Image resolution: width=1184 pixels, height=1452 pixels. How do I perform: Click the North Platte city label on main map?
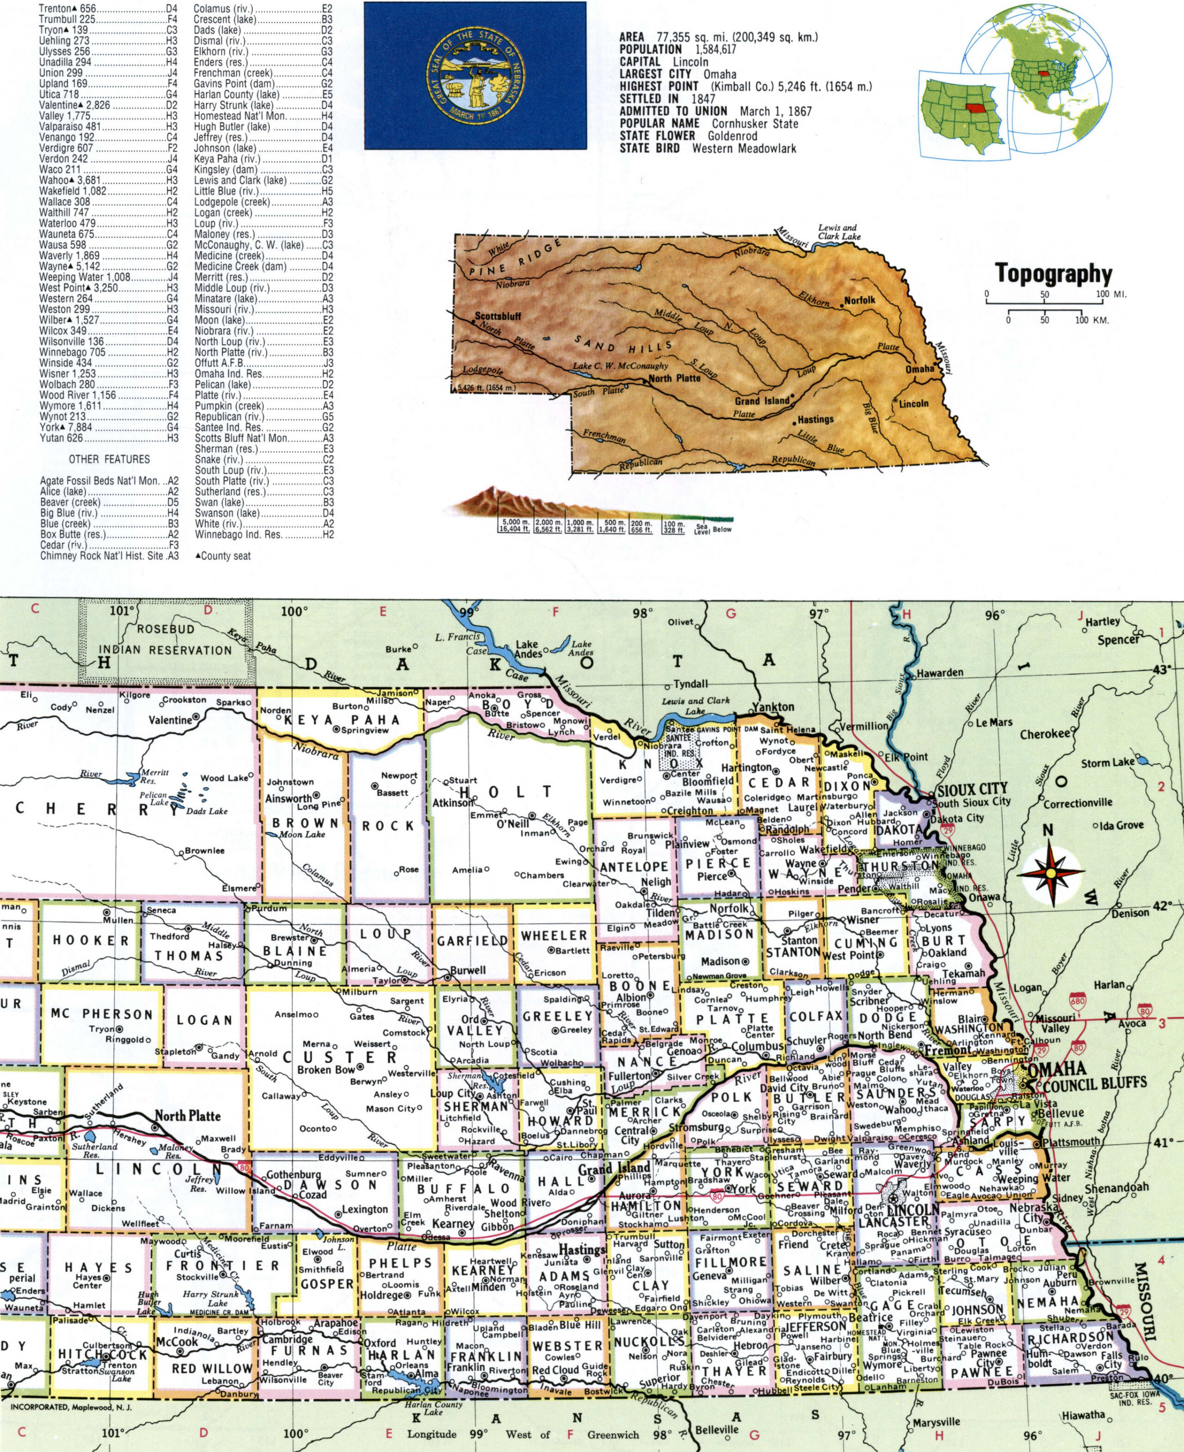click(188, 1116)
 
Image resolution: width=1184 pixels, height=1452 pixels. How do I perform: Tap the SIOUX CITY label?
click(972, 789)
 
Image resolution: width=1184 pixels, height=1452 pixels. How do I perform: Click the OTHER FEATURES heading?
click(109, 459)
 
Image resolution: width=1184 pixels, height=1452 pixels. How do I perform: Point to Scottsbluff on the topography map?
click(498, 316)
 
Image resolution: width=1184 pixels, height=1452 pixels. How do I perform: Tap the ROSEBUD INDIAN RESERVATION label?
click(166, 639)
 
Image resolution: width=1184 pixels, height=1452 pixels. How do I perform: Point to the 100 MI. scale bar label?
click(1110, 295)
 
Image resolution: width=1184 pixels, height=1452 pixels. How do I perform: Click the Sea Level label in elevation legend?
click(702, 529)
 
